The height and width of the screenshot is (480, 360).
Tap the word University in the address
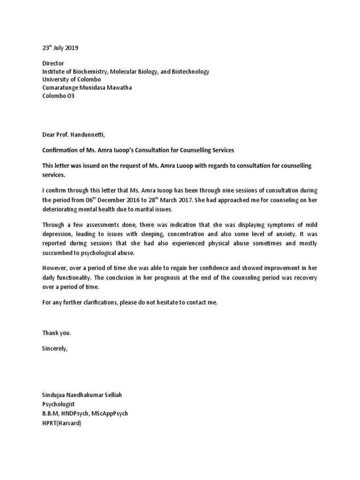pyautogui.click(x=51, y=80)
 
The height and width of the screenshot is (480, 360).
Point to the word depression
pyautogui.click(x=59, y=234)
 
